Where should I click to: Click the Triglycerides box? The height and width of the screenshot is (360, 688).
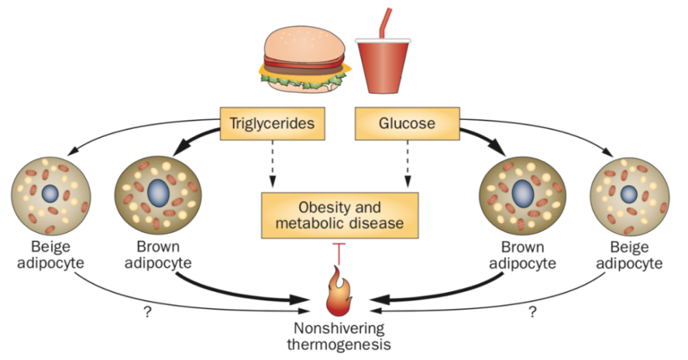(272, 123)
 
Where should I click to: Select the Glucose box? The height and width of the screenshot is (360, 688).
(407, 123)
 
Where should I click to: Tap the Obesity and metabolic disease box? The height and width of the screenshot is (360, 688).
(340, 215)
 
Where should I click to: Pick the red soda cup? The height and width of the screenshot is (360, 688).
(383, 66)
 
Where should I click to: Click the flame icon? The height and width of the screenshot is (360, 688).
(339, 293)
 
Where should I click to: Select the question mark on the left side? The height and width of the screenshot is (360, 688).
(147, 312)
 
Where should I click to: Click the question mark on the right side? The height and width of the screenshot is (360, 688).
(533, 312)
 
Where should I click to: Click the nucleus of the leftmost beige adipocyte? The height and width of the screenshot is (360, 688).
(50, 193)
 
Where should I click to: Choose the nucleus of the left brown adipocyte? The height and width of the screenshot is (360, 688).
(158, 192)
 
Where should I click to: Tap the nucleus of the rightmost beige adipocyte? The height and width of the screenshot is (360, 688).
(629, 194)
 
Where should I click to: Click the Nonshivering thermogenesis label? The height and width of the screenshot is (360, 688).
(338, 336)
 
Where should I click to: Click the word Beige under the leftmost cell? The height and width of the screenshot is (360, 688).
(51, 247)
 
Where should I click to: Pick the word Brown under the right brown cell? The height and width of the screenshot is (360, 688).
(523, 247)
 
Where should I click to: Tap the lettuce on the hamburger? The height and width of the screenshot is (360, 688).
(303, 79)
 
